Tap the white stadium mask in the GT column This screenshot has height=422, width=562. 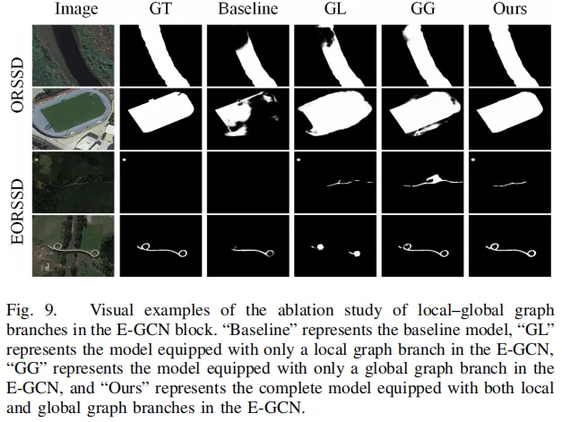point(160,114)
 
